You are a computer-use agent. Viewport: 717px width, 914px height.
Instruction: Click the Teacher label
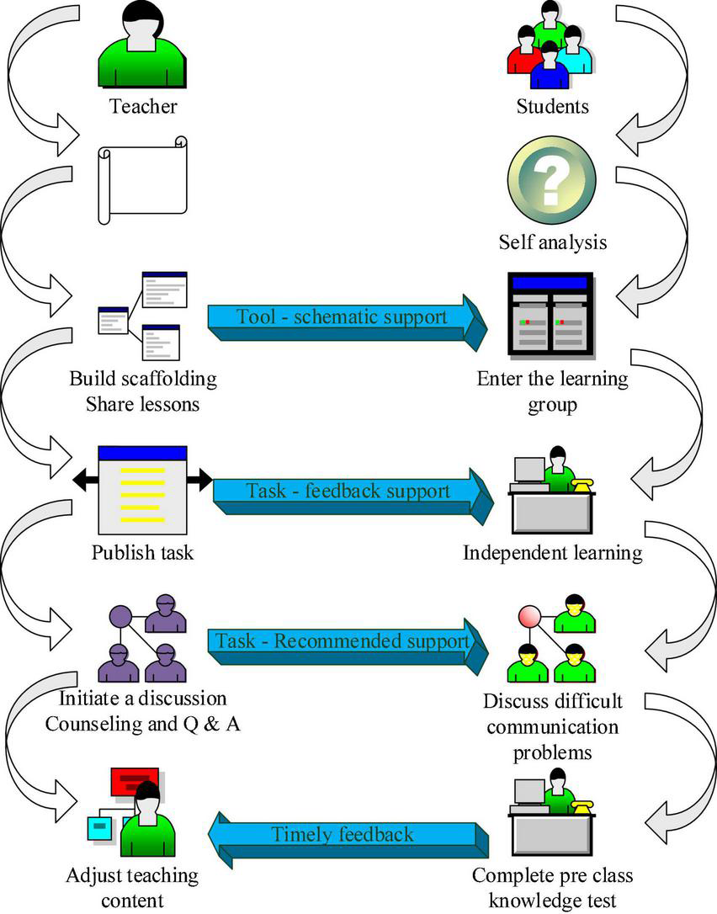pyautogui.click(x=142, y=106)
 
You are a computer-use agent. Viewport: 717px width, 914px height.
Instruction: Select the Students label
pyautogui.click(x=552, y=106)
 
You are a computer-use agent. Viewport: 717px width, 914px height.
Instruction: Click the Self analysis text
pyautogui.click(x=552, y=243)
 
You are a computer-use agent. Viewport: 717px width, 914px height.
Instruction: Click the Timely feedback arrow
pyautogui.click(x=345, y=835)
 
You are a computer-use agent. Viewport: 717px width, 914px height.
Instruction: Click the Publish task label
pyautogui.click(x=142, y=553)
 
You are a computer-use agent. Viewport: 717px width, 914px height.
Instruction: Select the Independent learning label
pyautogui.click(x=552, y=553)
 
